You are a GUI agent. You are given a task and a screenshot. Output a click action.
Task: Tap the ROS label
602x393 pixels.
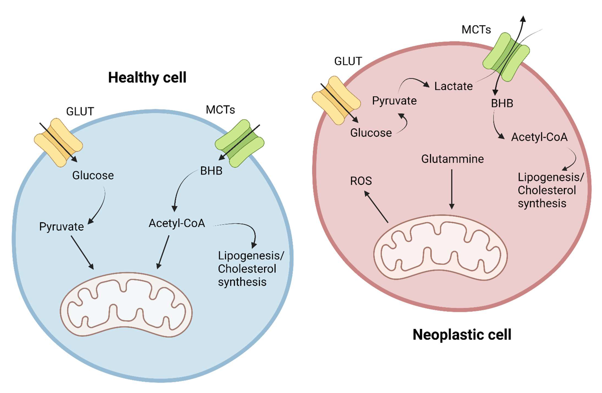(x=361, y=181)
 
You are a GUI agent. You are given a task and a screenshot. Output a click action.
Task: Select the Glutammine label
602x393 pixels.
(x=452, y=159)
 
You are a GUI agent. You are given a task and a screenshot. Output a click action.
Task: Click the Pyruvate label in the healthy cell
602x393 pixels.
(x=61, y=226)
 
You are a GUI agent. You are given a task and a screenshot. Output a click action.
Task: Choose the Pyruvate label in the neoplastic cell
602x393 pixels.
(x=394, y=101)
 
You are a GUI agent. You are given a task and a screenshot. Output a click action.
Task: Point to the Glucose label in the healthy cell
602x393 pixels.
(x=93, y=175)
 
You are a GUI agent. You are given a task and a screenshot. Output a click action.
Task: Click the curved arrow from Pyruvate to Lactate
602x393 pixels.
(x=412, y=81)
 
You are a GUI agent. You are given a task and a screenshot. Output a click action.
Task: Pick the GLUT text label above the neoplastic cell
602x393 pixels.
(x=348, y=61)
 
